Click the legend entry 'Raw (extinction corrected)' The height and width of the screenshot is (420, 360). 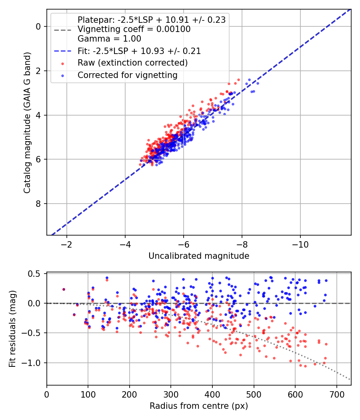(x=132, y=63)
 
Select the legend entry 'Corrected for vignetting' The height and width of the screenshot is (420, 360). (x=128, y=75)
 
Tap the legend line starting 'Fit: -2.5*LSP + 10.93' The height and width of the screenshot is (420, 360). (x=139, y=51)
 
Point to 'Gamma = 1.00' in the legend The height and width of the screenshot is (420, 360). (x=109, y=39)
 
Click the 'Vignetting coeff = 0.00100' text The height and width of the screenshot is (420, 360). (x=134, y=29)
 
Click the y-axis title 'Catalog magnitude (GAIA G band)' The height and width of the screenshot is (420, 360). (x=27, y=123)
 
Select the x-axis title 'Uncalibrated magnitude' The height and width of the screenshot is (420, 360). (x=199, y=256)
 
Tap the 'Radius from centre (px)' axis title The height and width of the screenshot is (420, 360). (x=199, y=406)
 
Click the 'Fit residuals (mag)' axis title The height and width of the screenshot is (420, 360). (x=12, y=329)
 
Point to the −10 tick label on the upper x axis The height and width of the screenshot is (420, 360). (x=300, y=244)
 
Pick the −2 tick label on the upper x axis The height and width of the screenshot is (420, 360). (x=66, y=244)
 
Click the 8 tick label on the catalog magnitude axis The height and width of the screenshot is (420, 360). (x=38, y=204)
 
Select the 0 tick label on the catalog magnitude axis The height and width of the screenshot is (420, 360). (x=38, y=26)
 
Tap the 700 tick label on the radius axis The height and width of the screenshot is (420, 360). (x=336, y=394)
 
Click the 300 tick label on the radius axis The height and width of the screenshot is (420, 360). (x=171, y=394)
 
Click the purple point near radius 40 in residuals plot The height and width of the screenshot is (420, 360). (x=64, y=289)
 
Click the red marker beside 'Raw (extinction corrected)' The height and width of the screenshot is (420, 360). (x=63, y=64)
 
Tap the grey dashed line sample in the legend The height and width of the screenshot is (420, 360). (x=63, y=30)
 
